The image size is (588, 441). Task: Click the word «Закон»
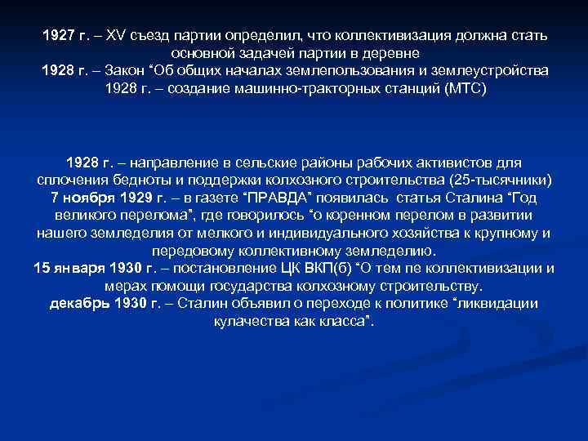coord(133,71)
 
